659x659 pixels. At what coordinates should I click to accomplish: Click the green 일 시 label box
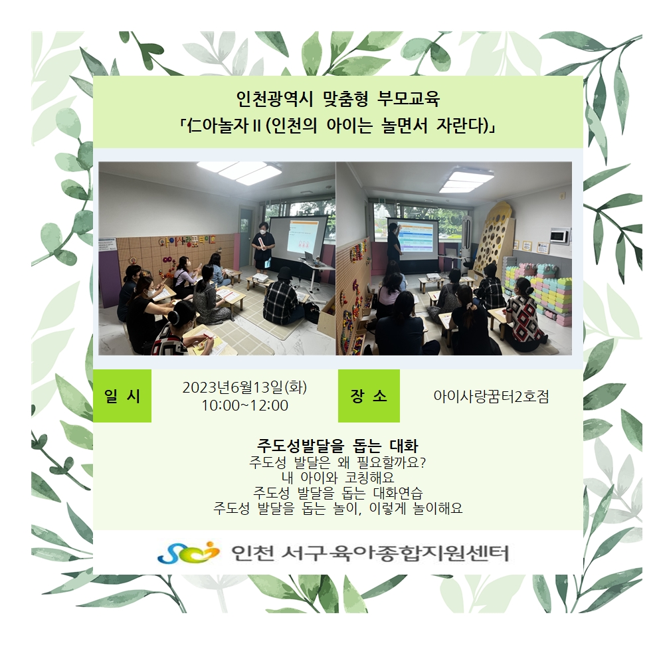coord(122,396)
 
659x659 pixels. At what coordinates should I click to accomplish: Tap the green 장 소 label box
coord(369,396)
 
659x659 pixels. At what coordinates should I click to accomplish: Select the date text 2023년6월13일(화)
coord(244,387)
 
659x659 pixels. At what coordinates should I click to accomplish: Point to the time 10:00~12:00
coord(244,406)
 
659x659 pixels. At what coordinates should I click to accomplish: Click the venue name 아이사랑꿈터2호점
coord(491,397)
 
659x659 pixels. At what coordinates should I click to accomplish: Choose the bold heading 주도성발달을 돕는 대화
coord(337,446)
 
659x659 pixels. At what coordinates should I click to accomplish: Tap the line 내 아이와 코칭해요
coord(337,478)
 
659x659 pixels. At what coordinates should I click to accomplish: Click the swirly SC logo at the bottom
coord(188,552)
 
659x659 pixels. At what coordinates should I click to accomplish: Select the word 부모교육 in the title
coord(409,99)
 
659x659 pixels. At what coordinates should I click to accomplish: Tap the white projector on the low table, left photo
coord(260,278)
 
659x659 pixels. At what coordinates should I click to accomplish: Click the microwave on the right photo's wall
coord(560,236)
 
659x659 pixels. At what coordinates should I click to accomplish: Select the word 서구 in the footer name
coord(299,553)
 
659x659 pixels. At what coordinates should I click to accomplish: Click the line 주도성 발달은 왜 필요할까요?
coord(337,462)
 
